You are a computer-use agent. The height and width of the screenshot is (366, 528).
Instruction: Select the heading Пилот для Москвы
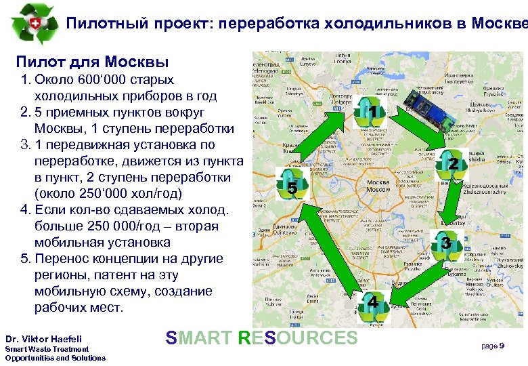click(92, 63)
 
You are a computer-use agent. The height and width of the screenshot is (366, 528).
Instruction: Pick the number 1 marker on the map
click(372, 110)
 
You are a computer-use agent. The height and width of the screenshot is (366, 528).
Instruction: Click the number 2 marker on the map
click(454, 163)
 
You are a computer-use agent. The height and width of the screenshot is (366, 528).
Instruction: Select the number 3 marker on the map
click(445, 242)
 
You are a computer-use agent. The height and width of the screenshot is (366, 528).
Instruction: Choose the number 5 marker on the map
click(292, 188)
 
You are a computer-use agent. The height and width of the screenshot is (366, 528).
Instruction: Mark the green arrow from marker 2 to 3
click(451, 204)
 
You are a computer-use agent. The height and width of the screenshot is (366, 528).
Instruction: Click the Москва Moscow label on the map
click(378, 186)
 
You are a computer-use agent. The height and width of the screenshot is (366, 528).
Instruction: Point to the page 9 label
click(492, 346)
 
